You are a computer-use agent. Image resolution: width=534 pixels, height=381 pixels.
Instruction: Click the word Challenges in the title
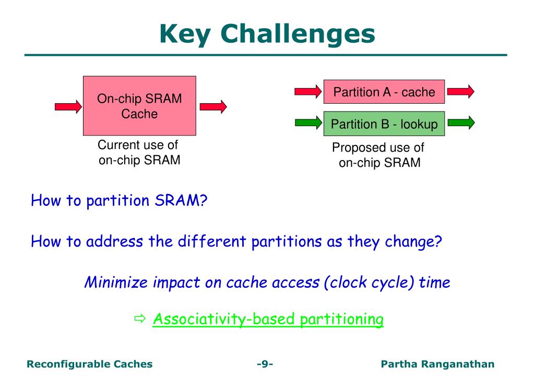pyautogui.click(x=298, y=34)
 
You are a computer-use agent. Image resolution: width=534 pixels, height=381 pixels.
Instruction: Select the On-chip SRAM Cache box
pyautogui.click(x=139, y=106)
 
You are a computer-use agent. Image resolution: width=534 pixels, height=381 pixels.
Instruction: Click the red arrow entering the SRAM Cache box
pyautogui.click(x=68, y=107)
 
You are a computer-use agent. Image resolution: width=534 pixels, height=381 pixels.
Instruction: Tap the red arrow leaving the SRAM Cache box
pyautogui.click(x=213, y=107)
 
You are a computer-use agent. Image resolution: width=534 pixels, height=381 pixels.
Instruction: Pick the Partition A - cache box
pyautogui.click(x=384, y=92)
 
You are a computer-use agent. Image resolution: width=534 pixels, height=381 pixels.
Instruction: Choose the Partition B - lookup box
pyautogui.click(x=384, y=124)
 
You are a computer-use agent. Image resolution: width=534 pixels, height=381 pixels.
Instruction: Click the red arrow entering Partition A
pyautogui.click(x=308, y=92)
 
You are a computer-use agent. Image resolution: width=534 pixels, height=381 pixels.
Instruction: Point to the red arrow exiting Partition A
pyautogui.click(x=461, y=92)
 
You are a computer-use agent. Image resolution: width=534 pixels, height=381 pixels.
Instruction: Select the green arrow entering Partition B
pyautogui.click(x=308, y=122)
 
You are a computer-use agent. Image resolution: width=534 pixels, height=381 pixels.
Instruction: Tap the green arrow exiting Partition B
pyautogui.click(x=461, y=122)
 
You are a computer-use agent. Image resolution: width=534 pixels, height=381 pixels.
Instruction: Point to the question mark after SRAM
pyautogui.click(x=204, y=200)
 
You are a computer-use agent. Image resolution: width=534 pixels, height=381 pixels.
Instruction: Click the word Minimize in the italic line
pyautogui.click(x=116, y=282)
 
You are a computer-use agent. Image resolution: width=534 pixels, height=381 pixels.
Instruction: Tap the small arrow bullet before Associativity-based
pyautogui.click(x=140, y=319)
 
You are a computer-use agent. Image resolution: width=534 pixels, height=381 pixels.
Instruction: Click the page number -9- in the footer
pyautogui.click(x=265, y=364)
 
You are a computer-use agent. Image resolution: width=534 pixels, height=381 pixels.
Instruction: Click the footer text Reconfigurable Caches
pyautogui.click(x=90, y=364)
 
